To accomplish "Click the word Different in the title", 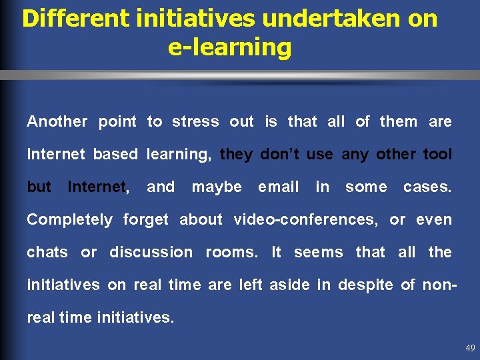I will point(74,19).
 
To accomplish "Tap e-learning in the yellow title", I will point(230,47).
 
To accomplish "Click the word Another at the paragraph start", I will point(57,121).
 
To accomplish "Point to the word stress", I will point(195,121).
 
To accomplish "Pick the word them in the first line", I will point(399,121).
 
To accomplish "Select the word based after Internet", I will point(115,154).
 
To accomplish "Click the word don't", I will point(281,154).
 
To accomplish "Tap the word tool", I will point(437,154).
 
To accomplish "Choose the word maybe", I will point(217,187).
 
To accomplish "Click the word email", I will point(278,187).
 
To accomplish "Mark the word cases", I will point(427,187).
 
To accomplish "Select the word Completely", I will point(69,219).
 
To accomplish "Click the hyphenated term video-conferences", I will point(305,219).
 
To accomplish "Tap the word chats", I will point(47,252).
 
